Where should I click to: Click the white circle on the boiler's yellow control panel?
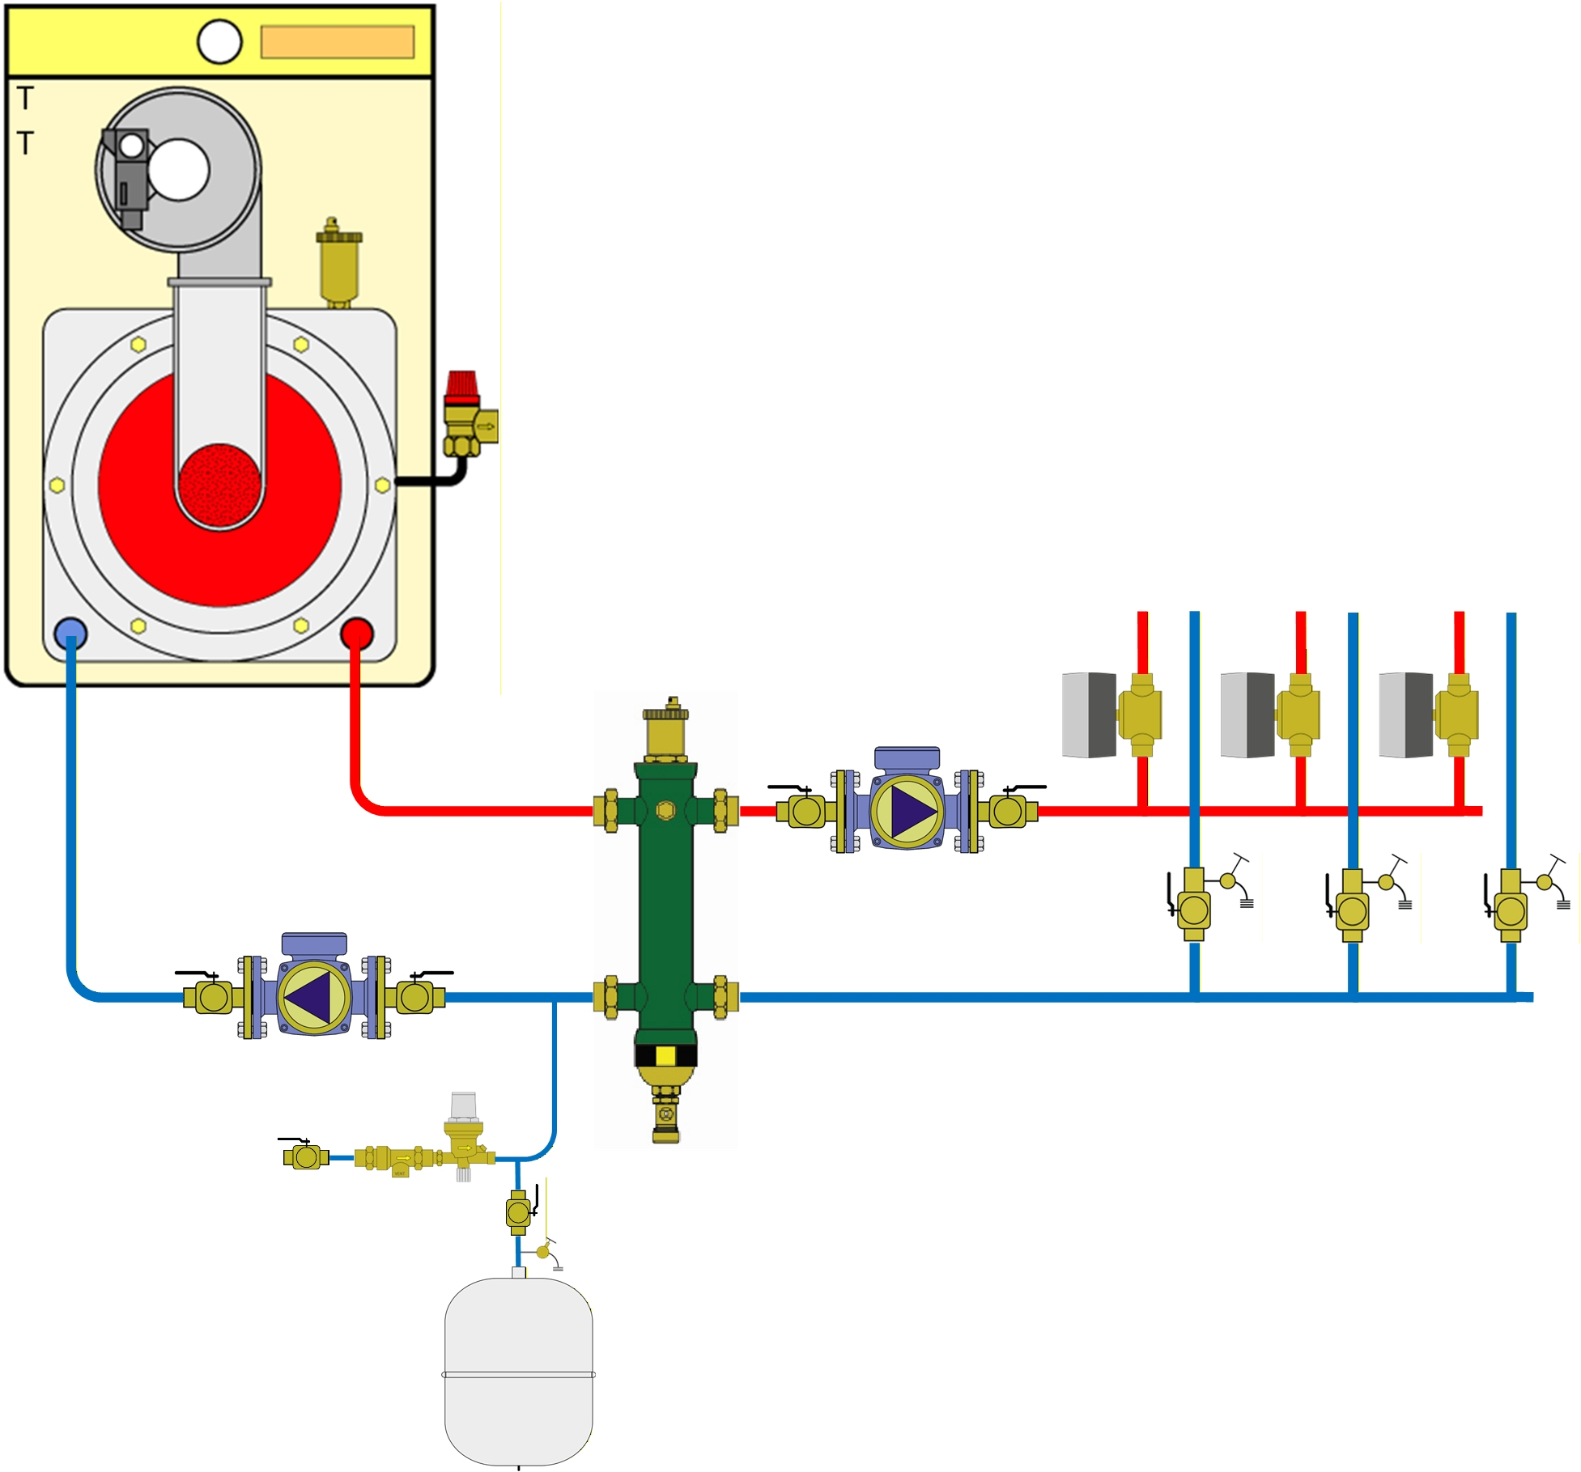pos(219,41)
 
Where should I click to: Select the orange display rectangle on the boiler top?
pos(337,42)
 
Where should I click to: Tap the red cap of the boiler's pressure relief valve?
pos(462,388)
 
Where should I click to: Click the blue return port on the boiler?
pos(70,634)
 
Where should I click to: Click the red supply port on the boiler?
pos(357,634)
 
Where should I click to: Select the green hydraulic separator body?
pos(665,898)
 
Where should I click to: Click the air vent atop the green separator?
pos(665,728)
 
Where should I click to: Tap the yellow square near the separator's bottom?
pos(665,1055)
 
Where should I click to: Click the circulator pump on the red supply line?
pos(907,809)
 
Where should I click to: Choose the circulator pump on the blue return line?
pos(315,996)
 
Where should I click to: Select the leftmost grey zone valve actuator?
pos(1089,715)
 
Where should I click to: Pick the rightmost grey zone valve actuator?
pos(1406,715)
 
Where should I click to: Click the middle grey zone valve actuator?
pos(1247,715)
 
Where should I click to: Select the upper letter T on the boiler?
pos(26,99)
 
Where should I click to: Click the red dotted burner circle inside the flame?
pos(219,484)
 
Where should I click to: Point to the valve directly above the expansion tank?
pos(518,1211)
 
